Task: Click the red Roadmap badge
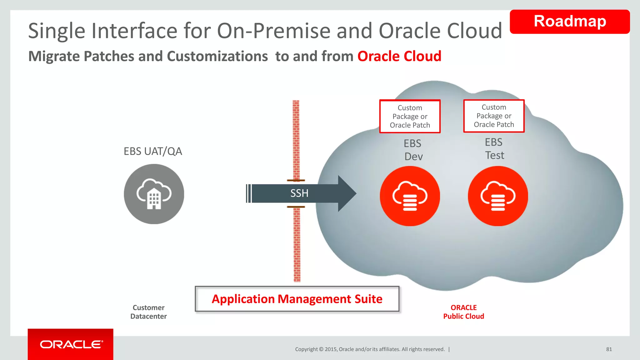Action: click(x=569, y=22)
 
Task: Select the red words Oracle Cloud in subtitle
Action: click(x=399, y=57)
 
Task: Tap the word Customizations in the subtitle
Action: click(x=217, y=57)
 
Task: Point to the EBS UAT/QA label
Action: click(x=152, y=151)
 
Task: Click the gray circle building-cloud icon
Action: click(x=154, y=194)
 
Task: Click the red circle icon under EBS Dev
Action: click(x=410, y=196)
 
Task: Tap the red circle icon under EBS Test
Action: click(x=497, y=196)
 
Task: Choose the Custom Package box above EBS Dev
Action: click(x=410, y=117)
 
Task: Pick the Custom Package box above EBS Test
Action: click(x=494, y=116)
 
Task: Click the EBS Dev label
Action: click(x=413, y=150)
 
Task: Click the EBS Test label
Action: click(x=494, y=149)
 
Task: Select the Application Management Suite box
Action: click(x=297, y=299)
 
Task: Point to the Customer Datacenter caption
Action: click(x=148, y=312)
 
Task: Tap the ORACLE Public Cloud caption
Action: click(x=463, y=312)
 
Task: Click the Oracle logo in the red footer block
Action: click(x=71, y=344)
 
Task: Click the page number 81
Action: click(x=609, y=349)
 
